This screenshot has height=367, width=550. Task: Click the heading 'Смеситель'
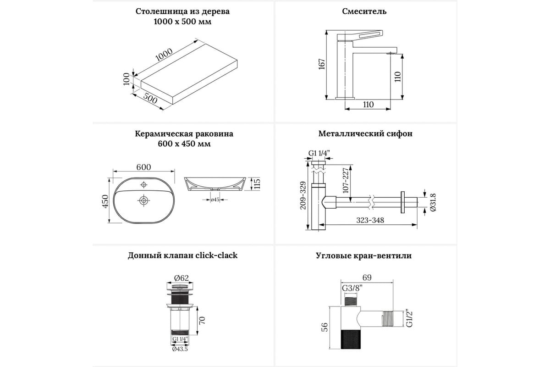364,11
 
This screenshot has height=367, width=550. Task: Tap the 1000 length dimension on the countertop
164,55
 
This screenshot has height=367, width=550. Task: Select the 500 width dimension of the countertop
150,98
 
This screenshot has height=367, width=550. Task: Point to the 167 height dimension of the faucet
322,64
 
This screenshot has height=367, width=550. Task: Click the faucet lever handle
360,36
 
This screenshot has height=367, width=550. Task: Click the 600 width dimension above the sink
143,167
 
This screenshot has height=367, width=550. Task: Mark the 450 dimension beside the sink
105,201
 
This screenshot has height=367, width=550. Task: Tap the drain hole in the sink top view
143,200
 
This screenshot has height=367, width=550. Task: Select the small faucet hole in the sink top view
143,184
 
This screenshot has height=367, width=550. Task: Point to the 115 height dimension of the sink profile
257,184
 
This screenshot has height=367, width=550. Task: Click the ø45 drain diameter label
215,200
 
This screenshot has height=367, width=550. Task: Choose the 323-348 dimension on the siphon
370,220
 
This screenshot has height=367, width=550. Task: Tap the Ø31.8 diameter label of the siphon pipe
433,202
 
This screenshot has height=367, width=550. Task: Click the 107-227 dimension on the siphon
346,180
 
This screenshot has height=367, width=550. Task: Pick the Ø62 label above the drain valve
181,278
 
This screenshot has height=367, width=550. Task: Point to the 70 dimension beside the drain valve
202,320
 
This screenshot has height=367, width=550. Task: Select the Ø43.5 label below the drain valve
180,349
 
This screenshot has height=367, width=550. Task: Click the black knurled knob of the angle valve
351,339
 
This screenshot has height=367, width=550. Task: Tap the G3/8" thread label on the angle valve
352,288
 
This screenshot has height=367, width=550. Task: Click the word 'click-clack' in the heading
216,256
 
